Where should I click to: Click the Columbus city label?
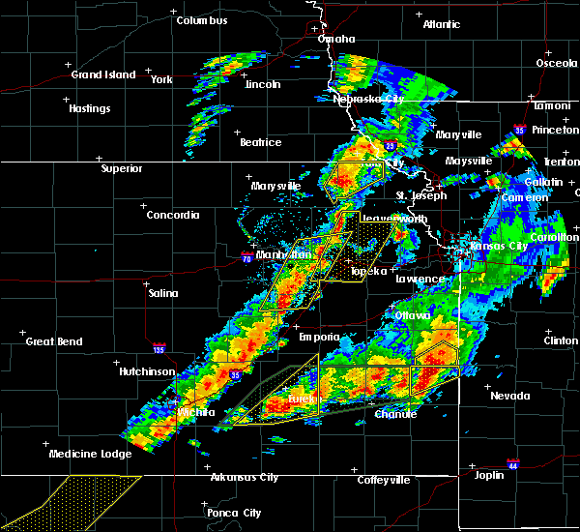click(202, 20)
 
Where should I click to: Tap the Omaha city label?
click(335, 40)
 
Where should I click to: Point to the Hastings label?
click(89, 108)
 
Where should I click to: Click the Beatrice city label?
click(260, 142)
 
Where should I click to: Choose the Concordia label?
click(173, 215)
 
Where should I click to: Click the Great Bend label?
click(54, 341)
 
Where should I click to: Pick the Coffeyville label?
click(384, 480)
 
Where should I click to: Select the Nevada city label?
click(508, 396)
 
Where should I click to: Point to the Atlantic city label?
click(440, 24)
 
